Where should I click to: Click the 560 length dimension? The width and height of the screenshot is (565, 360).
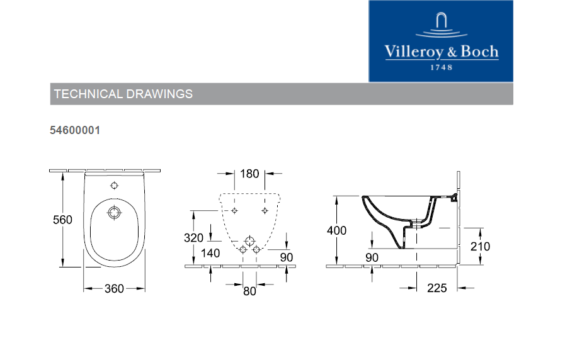click(62, 220)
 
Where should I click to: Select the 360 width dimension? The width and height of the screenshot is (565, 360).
click(114, 288)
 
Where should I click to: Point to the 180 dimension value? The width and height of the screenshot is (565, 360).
click(249, 174)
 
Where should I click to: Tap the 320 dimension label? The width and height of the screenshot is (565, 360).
click(193, 238)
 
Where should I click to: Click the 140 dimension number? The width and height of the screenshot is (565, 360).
click(210, 253)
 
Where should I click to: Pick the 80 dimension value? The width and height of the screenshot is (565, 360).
click(249, 291)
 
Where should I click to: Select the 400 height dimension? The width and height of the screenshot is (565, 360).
click(336, 230)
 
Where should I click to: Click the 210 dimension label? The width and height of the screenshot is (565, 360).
click(480, 247)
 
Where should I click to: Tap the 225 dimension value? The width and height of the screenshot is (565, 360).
click(437, 288)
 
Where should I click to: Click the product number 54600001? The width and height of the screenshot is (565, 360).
click(75, 130)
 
